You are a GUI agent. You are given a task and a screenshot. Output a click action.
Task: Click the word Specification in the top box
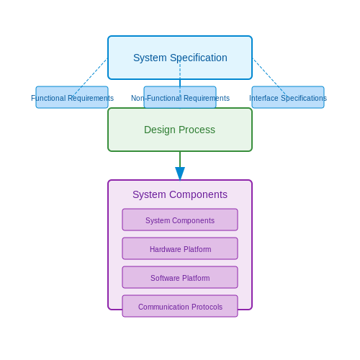click(x=199, y=58)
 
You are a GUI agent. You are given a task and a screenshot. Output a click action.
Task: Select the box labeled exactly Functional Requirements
click(x=72, y=97)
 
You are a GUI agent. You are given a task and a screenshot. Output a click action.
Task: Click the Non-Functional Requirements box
click(x=180, y=97)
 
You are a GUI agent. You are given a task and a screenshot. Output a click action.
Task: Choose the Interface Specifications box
click(x=288, y=97)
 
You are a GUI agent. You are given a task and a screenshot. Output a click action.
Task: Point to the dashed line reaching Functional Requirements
click(x=90, y=78)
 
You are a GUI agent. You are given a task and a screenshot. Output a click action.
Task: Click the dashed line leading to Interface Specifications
click(x=270, y=78)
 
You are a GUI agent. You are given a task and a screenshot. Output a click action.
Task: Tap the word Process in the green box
click(x=197, y=130)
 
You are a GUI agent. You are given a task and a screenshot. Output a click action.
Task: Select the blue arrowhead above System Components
click(x=180, y=174)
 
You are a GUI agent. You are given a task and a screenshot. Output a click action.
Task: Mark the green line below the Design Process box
click(x=180, y=159)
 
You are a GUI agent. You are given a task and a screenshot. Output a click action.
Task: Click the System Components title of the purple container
click(x=180, y=194)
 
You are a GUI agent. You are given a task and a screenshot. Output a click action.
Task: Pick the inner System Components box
click(x=180, y=220)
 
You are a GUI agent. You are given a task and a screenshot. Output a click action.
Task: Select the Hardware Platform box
click(x=180, y=248)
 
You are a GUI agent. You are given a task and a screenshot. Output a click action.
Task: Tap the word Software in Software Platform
click(x=165, y=278)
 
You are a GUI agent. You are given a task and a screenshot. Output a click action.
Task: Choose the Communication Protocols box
click(x=180, y=306)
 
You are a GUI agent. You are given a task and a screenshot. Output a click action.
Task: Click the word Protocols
click(x=207, y=307)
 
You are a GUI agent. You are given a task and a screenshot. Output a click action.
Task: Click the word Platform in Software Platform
click(x=196, y=278)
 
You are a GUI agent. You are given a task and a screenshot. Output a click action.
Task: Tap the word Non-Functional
click(x=156, y=98)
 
